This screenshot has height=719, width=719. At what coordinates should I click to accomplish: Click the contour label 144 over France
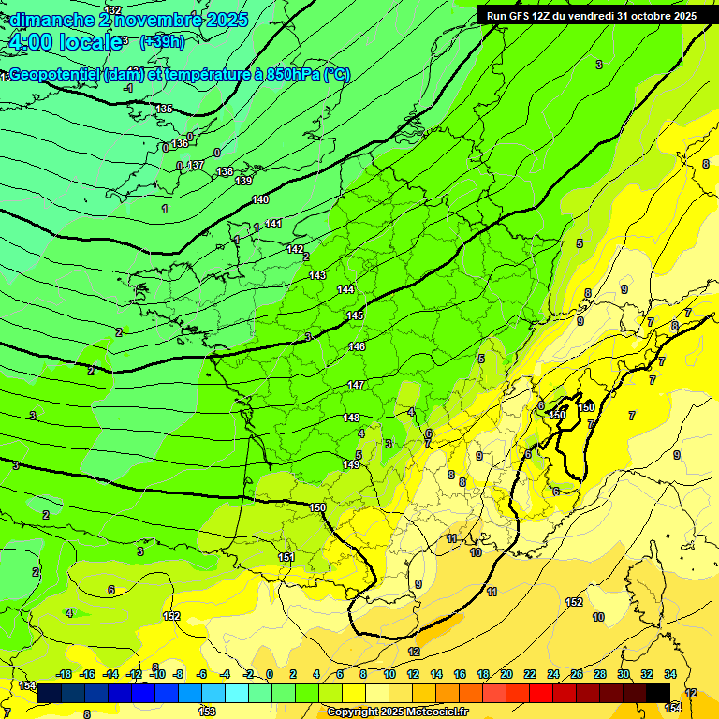[x=345, y=289]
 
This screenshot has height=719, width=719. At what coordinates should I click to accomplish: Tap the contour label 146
[x=357, y=347]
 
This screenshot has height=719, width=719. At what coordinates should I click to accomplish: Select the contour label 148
[x=351, y=418]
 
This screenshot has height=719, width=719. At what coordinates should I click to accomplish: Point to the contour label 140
[x=260, y=199]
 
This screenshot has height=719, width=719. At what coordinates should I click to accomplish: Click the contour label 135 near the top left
[x=164, y=110]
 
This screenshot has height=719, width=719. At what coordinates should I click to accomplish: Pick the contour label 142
[x=295, y=250]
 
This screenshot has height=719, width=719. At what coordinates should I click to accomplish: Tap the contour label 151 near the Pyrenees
[x=286, y=557]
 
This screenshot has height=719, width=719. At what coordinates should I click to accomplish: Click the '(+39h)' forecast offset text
[x=162, y=41]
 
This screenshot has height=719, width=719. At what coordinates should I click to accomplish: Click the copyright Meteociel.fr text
[x=397, y=712]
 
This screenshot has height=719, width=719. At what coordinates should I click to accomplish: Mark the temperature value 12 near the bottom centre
[x=414, y=652]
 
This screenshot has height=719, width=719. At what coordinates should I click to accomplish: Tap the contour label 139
[x=243, y=181]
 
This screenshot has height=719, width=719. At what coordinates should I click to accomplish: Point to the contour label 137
[x=196, y=166]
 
